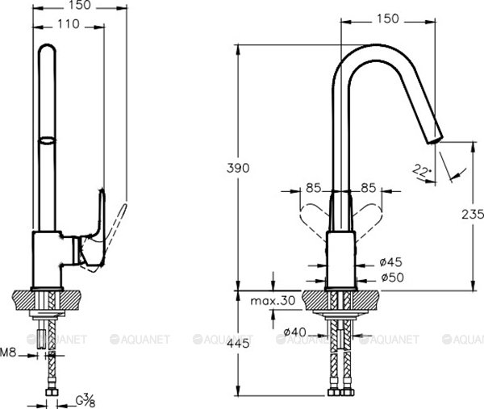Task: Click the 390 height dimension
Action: pos(240,168)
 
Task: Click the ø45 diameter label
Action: pos(390,261)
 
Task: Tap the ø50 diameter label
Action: pos(390,277)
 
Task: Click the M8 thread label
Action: pos(8,353)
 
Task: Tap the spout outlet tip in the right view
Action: pos(435,139)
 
